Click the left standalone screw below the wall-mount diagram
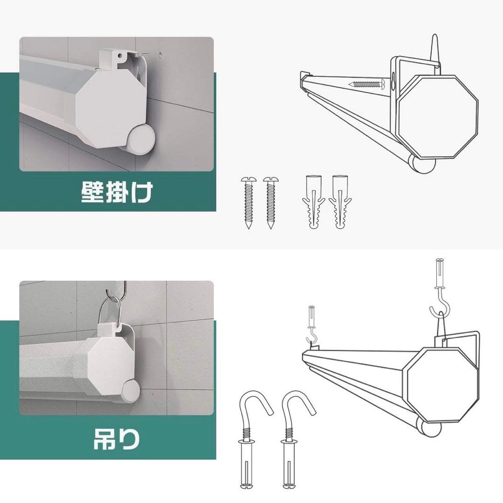click(x=248, y=203)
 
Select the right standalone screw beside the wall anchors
click(x=271, y=203)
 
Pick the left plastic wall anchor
click(x=313, y=202)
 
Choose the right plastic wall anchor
click(x=340, y=202)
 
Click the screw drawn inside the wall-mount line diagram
click(x=367, y=84)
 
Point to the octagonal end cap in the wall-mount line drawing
click(x=438, y=117)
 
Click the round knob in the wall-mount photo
click(x=141, y=139)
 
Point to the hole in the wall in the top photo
click(x=159, y=54)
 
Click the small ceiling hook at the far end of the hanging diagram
click(x=312, y=325)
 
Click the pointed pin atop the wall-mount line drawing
click(x=435, y=50)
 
